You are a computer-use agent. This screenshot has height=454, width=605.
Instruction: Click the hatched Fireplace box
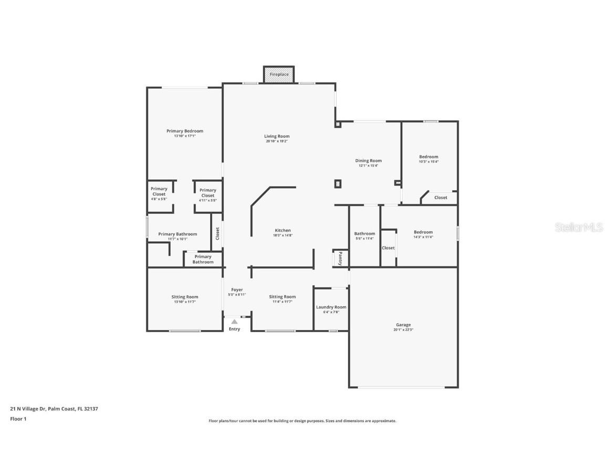(x=279, y=74)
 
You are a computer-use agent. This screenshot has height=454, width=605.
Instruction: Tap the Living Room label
(x=277, y=136)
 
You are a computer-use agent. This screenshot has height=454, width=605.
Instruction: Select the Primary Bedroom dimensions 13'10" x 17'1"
(x=185, y=136)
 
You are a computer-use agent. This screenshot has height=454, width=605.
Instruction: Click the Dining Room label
(x=368, y=161)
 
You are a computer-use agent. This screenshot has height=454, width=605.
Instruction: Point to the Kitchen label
(x=283, y=230)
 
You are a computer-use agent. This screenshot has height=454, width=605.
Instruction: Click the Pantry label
(x=340, y=258)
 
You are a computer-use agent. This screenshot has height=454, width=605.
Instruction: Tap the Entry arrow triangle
(x=234, y=322)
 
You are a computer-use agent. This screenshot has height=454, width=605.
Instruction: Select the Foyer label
(x=237, y=290)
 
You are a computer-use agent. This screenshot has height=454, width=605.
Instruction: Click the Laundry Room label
(x=331, y=307)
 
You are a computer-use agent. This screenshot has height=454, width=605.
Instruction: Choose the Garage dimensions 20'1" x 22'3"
(x=403, y=330)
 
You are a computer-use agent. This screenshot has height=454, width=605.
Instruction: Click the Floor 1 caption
(x=18, y=419)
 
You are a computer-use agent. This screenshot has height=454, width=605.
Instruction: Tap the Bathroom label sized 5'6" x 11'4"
(x=364, y=234)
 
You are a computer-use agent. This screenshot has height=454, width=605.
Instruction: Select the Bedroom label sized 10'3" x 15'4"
(x=429, y=157)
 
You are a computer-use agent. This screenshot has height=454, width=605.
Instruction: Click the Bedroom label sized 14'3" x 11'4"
(x=423, y=232)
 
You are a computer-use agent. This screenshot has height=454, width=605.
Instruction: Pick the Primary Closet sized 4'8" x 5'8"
(x=159, y=191)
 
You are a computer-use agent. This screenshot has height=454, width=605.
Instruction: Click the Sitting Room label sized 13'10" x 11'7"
(x=185, y=297)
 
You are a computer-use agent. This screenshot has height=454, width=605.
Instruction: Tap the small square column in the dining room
(x=338, y=183)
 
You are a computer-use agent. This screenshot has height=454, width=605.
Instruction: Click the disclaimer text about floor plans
(x=302, y=421)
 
